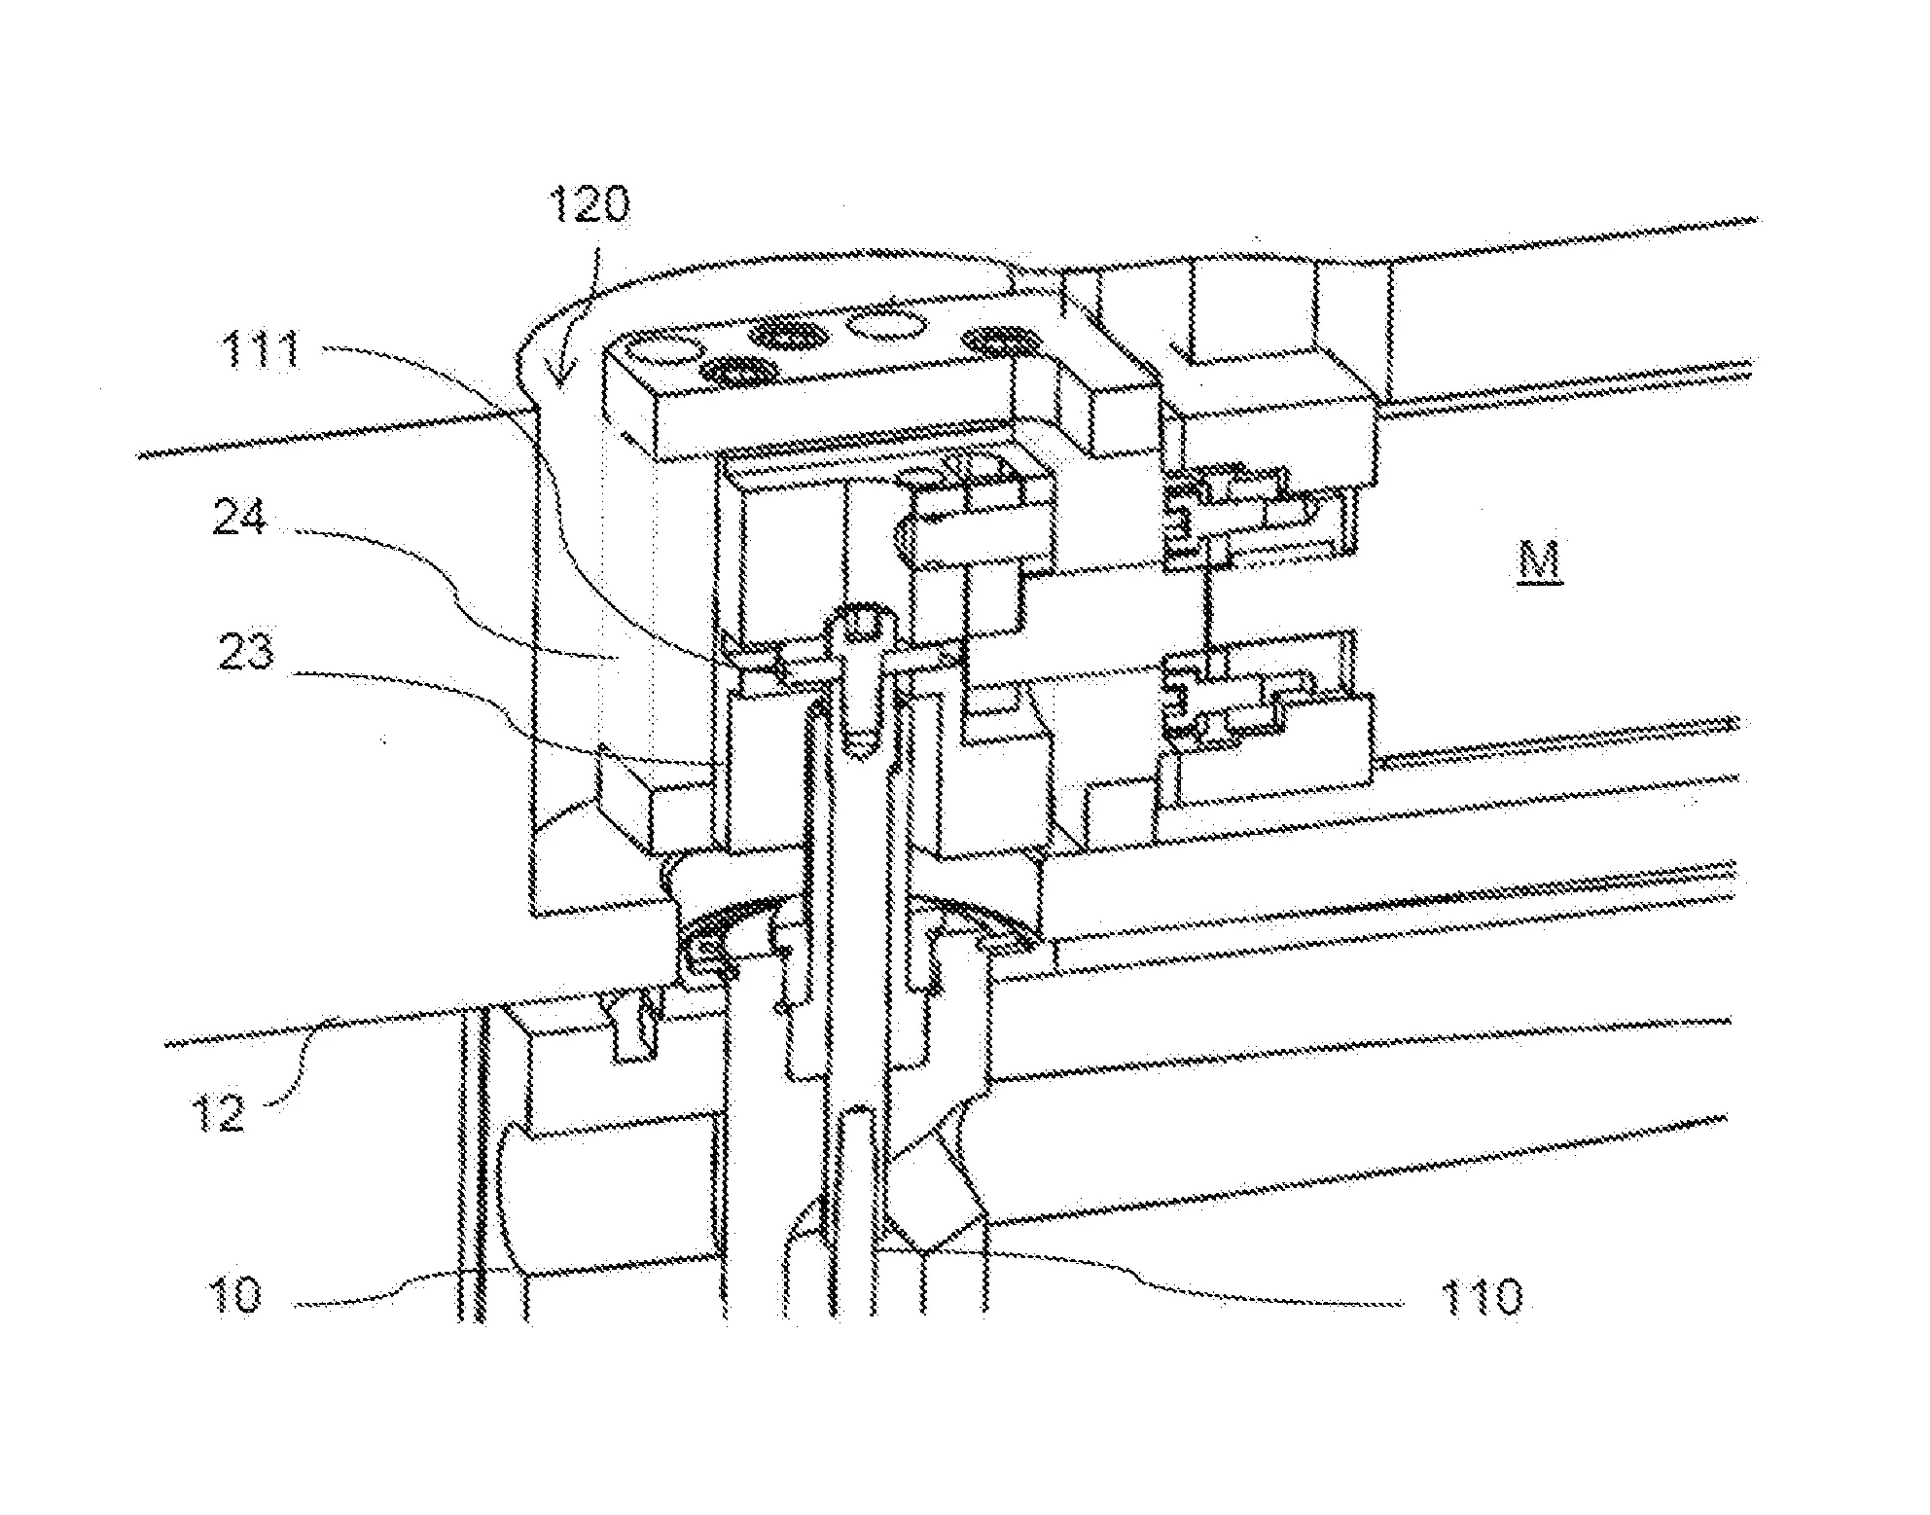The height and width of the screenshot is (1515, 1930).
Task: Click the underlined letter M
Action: coord(1538,562)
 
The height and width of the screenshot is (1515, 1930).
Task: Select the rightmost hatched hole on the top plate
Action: coord(999,341)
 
